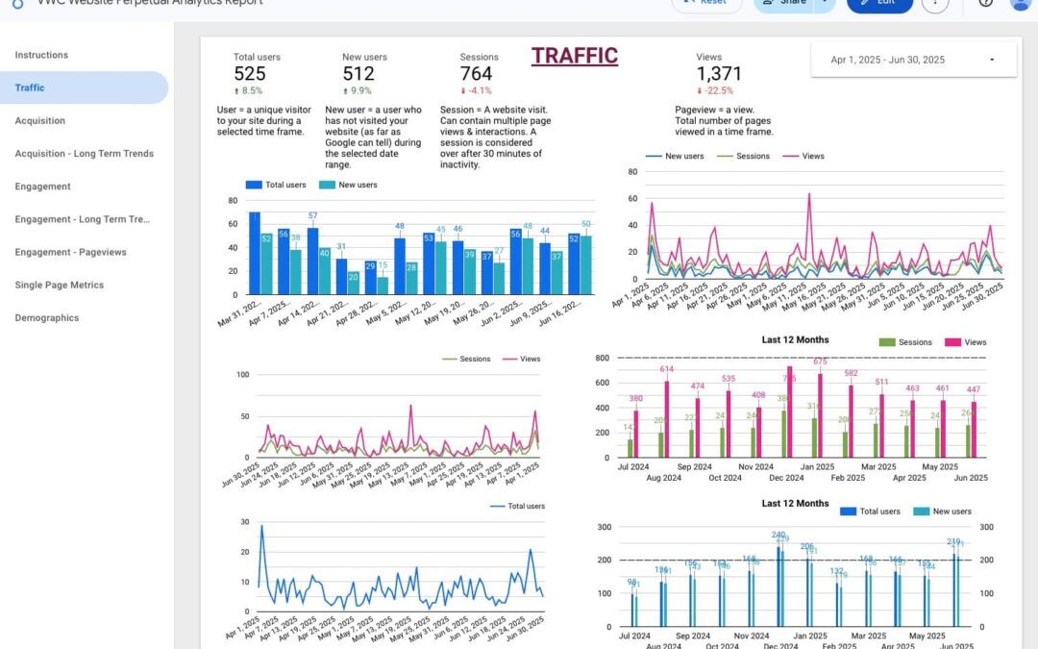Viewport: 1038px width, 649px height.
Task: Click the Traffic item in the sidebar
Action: tap(30, 87)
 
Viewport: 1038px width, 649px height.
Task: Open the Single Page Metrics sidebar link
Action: tap(59, 285)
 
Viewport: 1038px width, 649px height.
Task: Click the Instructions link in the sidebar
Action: tap(41, 55)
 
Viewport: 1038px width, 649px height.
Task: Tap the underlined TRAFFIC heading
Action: tap(575, 56)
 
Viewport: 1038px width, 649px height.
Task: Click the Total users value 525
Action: tap(249, 74)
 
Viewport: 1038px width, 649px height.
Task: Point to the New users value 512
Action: tap(358, 74)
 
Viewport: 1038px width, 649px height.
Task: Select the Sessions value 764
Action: tap(476, 74)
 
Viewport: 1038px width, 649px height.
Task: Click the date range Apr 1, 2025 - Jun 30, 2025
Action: tap(887, 60)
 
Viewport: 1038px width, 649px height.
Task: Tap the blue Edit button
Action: tap(879, 2)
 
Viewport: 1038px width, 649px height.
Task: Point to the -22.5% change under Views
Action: tap(713, 91)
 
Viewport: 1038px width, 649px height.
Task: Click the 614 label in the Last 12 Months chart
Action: tap(667, 369)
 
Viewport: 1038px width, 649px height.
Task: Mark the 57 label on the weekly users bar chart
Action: tap(312, 215)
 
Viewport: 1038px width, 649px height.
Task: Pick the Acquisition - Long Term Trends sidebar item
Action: tap(84, 154)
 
